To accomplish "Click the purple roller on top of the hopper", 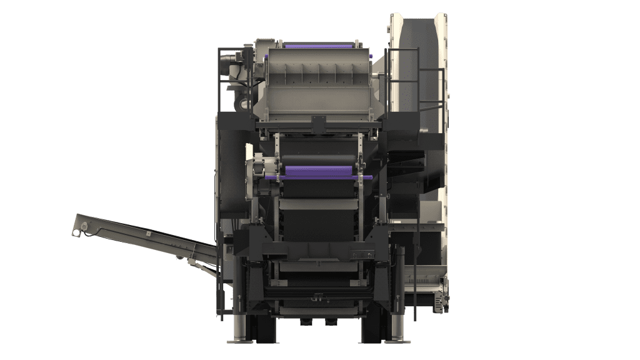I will click(319, 46).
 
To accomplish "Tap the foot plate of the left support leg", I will click(239, 341).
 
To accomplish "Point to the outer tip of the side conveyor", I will click(77, 227).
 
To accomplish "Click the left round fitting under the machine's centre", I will click(305, 322).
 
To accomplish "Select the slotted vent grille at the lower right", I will click(431, 284).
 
